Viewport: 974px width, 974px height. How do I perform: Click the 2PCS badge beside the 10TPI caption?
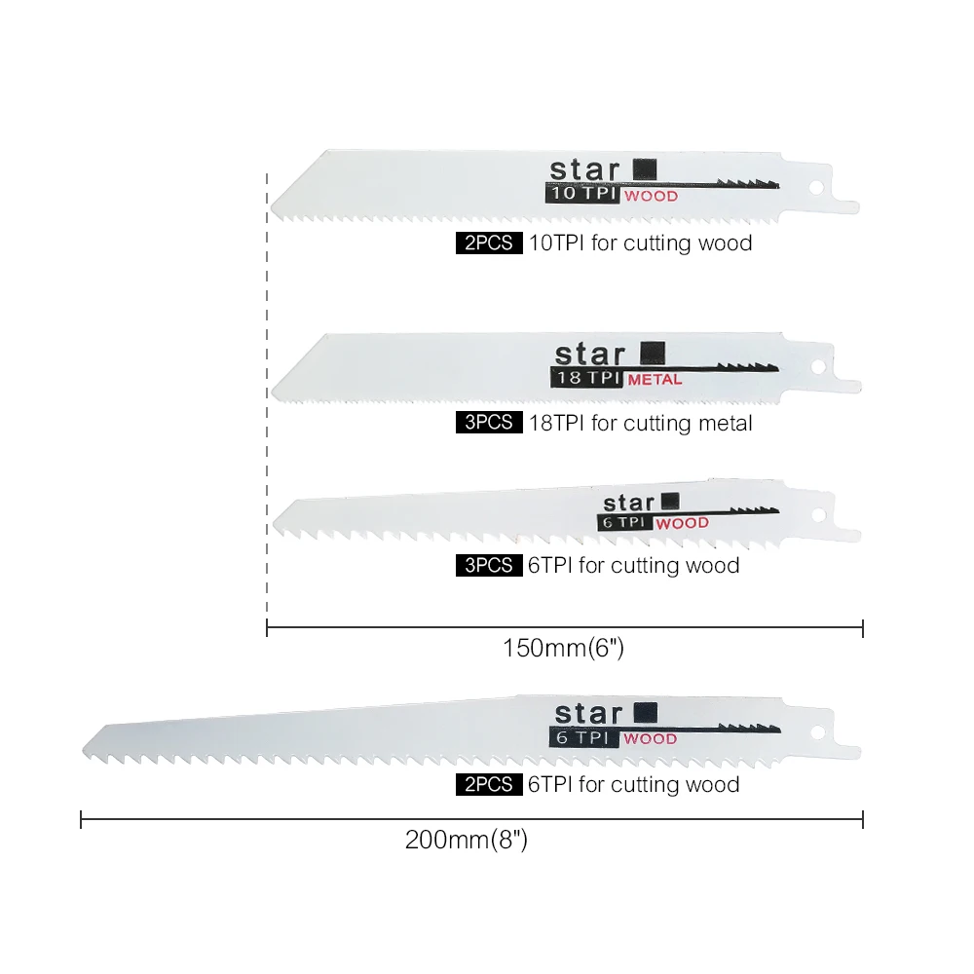(x=489, y=243)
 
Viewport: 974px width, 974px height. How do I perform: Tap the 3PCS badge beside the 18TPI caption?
(x=489, y=423)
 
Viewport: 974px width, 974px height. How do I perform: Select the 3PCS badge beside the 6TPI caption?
(x=489, y=565)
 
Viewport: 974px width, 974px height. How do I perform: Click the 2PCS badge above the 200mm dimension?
(x=489, y=784)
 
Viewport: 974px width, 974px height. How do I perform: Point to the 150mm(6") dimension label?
(x=563, y=648)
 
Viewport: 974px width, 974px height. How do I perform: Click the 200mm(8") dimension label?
(x=466, y=840)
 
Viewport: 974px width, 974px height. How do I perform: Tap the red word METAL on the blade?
(x=655, y=380)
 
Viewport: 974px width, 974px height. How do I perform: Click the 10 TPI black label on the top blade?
(x=582, y=193)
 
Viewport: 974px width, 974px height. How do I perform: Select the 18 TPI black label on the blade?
(x=586, y=378)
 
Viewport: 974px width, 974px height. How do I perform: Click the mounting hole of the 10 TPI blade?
(x=816, y=187)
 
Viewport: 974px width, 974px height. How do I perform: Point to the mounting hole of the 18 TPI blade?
(x=818, y=366)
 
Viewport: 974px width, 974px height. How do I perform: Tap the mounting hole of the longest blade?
(x=817, y=733)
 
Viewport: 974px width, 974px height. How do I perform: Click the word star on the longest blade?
(x=588, y=714)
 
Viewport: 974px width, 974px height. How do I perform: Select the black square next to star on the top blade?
(x=645, y=169)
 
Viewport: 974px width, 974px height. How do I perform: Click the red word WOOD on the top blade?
(x=651, y=197)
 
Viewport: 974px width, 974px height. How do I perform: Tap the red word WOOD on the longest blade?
(x=650, y=738)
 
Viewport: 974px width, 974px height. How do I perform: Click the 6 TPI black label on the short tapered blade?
(x=624, y=522)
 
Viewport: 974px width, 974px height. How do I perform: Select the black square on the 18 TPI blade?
(x=653, y=353)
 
